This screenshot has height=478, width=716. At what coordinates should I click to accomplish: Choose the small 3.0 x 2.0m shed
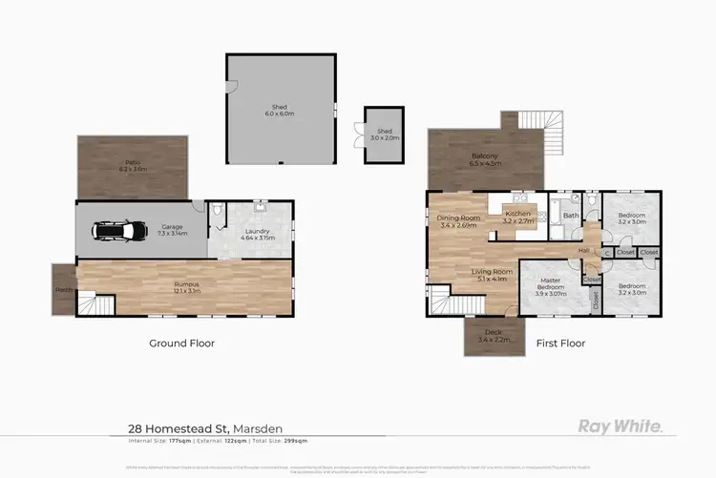point(385,134)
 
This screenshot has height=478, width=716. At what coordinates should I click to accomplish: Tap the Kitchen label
point(517,215)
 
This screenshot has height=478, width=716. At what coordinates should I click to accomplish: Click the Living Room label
point(492,275)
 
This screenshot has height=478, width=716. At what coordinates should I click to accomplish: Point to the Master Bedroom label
point(551,288)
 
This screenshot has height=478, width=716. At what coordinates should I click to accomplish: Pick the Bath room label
point(571,217)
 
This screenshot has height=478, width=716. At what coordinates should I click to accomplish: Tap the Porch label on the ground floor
point(63,289)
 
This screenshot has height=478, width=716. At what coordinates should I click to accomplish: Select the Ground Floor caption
point(181,343)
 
